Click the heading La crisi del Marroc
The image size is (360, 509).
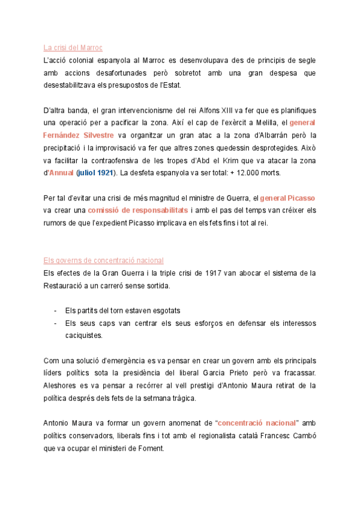pyautogui.click(x=73, y=47)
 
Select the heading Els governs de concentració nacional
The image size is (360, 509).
pyautogui.click(x=103, y=261)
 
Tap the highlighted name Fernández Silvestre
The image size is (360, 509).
pyautogui.click(x=79, y=135)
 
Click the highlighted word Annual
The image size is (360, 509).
pyautogui.click(x=61, y=173)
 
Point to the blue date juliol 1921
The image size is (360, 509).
pyautogui.click(x=97, y=173)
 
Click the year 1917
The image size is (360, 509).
pyautogui.click(x=214, y=273)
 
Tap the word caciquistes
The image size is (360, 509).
pyautogui.click(x=84, y=336)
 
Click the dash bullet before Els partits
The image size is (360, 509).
pyautogui.click(x=55, y=311)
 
